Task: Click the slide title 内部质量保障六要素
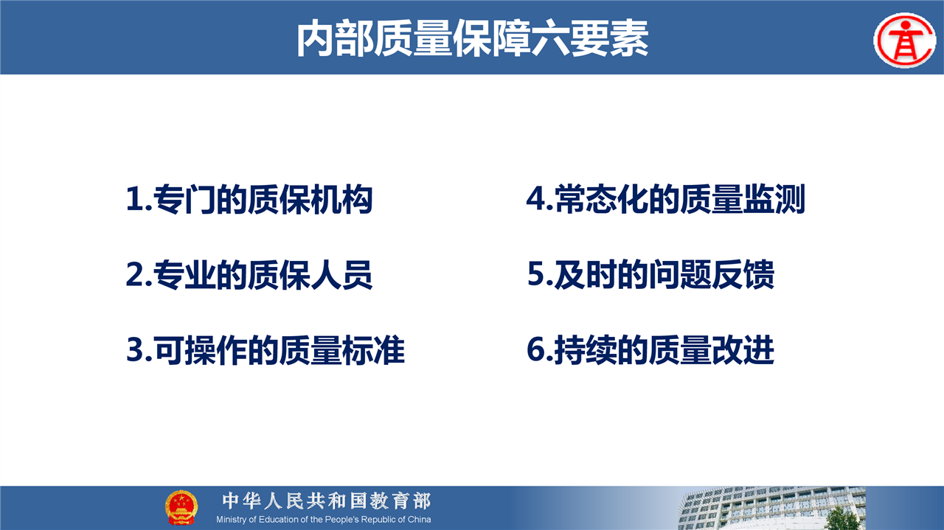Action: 473,38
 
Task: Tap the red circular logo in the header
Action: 905,41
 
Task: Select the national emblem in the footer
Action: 181,507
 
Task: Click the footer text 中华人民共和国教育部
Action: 327,501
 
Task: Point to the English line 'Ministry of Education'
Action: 324,520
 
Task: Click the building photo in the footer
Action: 771,508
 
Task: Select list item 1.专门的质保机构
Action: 249,199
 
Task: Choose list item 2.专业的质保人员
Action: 249,275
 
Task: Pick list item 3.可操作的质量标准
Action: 265,351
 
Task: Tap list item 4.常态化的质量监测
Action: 666,199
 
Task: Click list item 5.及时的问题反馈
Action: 650,275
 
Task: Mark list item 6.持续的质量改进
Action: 650,350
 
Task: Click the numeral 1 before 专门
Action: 134,199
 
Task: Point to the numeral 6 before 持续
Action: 536,349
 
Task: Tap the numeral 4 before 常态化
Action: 536,198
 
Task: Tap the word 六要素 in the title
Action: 590,38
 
